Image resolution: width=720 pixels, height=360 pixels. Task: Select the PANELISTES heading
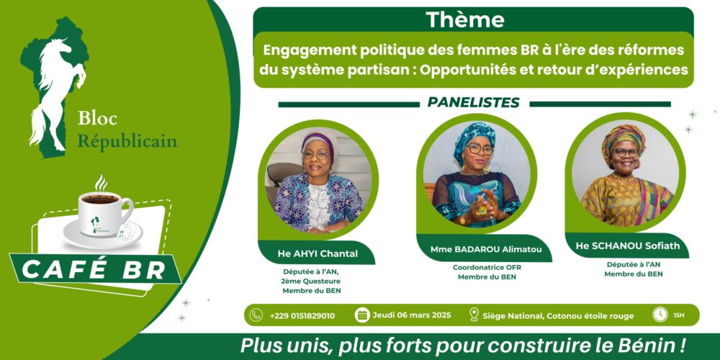pyautogui.click(x=474, y=102)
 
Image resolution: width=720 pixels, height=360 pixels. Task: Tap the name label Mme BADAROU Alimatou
pyautogui.click(x=477, y=249)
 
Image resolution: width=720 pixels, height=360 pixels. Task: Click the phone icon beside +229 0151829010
pyautogui.click(x=256, y=315)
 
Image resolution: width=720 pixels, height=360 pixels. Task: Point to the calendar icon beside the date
pyautogui.click(x=362, y=315)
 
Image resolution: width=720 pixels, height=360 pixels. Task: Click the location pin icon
pyautogui.click(x=474, y=315)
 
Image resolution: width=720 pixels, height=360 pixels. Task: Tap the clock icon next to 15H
pyautogui.click(x=660, y=315)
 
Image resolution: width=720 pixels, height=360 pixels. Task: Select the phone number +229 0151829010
pyautogui.click(x=302, y=315)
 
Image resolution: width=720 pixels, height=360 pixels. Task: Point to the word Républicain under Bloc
pyautogui.click(x=127, y=140)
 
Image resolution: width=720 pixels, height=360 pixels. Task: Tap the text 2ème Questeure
pyautogui.click(x=312, y=282)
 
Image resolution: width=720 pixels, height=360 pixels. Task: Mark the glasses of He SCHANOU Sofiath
pyautogui.click(x=626, y=152)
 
